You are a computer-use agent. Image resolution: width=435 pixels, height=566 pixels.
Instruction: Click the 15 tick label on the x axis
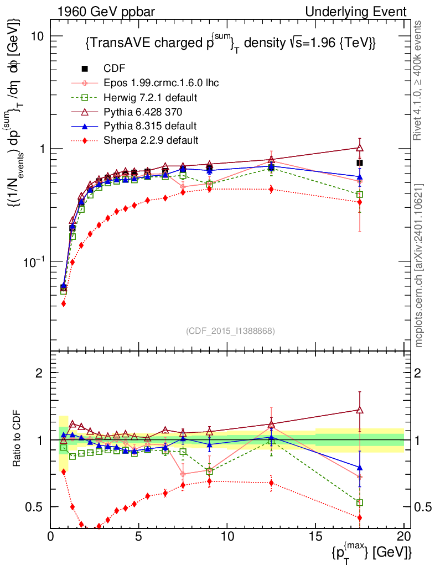(x=315, y=537)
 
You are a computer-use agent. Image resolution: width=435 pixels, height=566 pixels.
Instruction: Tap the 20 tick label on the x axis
(x=403, y=537)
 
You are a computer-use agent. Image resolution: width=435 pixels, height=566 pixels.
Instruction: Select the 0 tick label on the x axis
(x=51, y=537)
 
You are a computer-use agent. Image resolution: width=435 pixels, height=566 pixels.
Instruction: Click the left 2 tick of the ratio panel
(x=40, y=373)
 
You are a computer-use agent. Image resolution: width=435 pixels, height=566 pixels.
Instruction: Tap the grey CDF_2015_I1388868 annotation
(x=230, y=331)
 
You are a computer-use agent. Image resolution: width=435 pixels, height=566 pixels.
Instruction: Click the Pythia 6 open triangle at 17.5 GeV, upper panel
(x=360, y=148)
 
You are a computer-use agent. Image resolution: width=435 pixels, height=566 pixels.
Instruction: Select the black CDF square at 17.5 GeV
(x=360, y=163)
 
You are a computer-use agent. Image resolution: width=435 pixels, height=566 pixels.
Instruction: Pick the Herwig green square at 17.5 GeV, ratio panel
(x=360, y=502)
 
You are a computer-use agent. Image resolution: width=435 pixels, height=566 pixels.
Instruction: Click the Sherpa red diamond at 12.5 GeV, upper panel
(x=271, y=189)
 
